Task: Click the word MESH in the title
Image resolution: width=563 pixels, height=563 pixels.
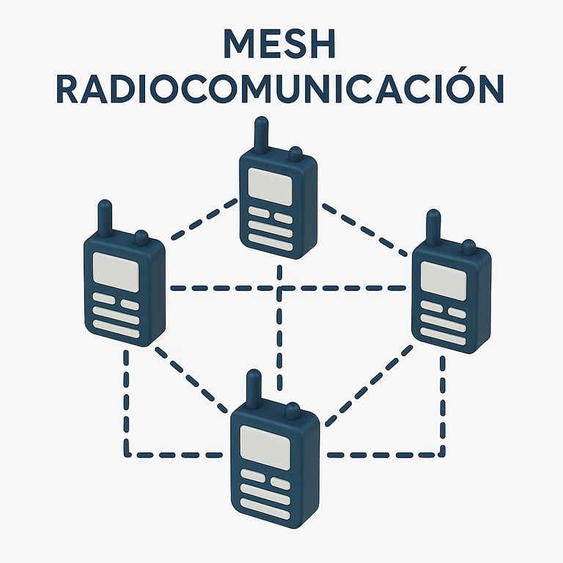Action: click(x=281, y=45)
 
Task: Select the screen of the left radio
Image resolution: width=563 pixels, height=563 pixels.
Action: click(x=117, y=271)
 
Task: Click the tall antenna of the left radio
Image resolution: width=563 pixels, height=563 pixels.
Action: click(x=106, y=218)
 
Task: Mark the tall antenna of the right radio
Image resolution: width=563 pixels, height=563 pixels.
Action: click(x=433, y=227)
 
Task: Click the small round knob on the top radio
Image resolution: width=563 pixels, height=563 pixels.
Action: click(x=295, y=155)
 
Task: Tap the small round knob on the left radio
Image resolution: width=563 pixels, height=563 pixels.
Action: click(x=141, y=238)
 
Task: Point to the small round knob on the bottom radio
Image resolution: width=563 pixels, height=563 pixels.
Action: click(x=292, y=411)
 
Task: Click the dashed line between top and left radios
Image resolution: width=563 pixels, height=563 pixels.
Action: click(x=203, y=219)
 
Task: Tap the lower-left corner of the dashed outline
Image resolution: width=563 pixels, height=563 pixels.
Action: click(x=127, y=454)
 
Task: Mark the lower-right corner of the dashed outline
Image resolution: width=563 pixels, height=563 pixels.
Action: click(x=442, y=454)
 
